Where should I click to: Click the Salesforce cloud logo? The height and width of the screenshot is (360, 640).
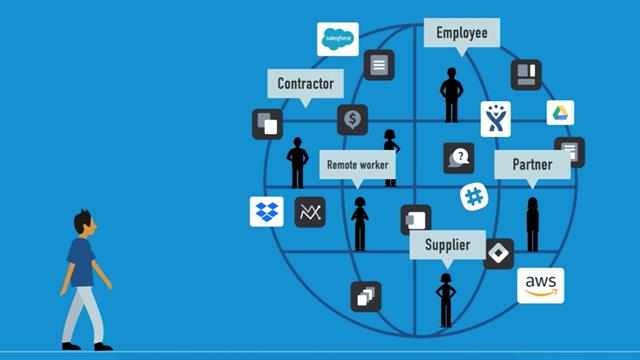coord(337,39)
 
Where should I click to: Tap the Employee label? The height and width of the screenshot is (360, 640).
coord(461,33)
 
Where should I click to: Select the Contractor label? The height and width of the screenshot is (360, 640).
coord(305,83)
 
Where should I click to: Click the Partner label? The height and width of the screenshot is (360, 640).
coord(532,165)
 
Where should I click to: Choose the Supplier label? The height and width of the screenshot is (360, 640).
coord(447,245)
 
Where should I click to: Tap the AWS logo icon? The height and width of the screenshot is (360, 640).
coord(540,285)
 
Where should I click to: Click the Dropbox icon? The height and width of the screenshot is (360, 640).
coord(266,212)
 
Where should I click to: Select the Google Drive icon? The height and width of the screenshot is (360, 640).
coord(560,112)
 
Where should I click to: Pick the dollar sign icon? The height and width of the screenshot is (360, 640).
coord(352,120)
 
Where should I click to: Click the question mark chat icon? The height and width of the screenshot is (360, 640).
coord(459,157)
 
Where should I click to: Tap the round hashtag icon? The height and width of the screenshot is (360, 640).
coord(475,197)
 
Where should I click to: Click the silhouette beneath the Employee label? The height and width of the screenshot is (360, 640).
coord(451,94)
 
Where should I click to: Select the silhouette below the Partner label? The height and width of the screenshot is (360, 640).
coord(532,223)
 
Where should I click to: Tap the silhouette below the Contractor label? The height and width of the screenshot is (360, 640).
coord(296,162)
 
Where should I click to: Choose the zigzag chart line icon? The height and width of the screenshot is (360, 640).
coord(310,212)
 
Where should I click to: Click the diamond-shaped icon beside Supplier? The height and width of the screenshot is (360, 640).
coord(498,253)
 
